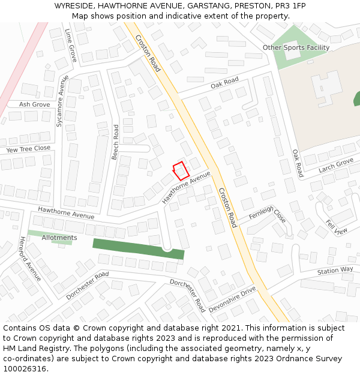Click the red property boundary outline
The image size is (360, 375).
pyautogui.click(x=181, y=171)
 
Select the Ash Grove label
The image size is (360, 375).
pyautogui.click(x=34, y=104)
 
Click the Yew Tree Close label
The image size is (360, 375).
pyautogui.click(x=28, y=149)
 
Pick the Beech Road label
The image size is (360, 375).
pyautogui.click(x=115, y=142)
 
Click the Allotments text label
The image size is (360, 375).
pyautogui.click(x=59, y=238)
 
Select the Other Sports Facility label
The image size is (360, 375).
pyautogui.click(x=296, y=47)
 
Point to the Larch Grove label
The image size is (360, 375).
pyautogui.click(x=336, y=165)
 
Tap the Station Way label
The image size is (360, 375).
pyautogui.click(x=335, y=271)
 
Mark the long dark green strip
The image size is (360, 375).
pyautogui.click(x=138, y=248)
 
